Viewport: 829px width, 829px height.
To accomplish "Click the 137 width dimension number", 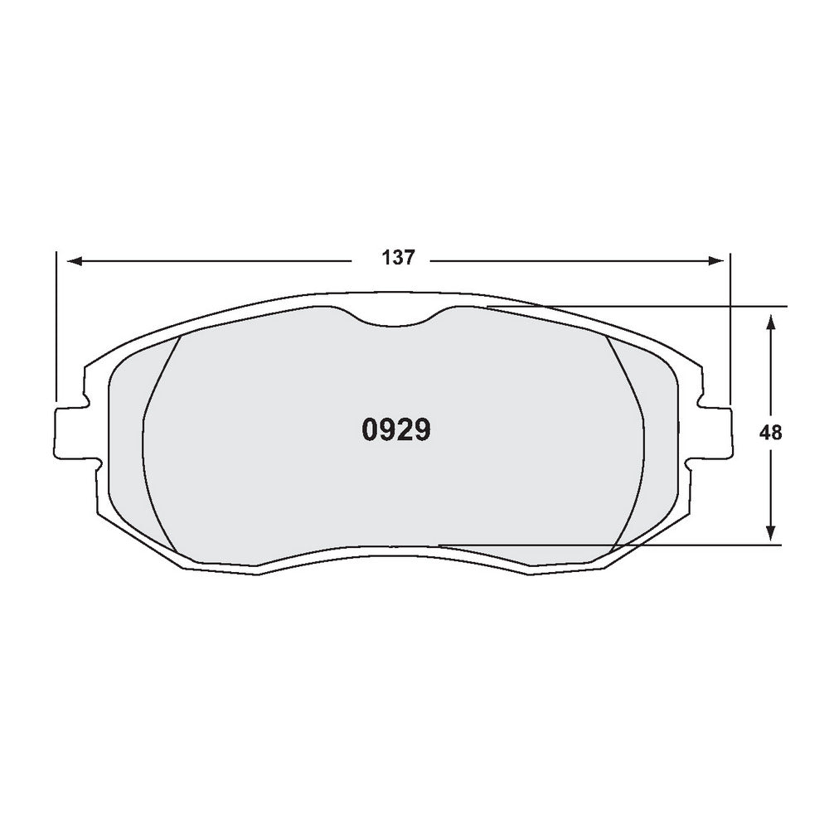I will click(397, 258).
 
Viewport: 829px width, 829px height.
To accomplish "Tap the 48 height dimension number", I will click(771, 432).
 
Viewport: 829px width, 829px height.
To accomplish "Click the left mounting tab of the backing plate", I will click(70, 431).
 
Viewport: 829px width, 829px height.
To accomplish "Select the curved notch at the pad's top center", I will click(395, 318).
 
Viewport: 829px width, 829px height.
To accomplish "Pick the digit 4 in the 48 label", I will click(765, 432).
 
